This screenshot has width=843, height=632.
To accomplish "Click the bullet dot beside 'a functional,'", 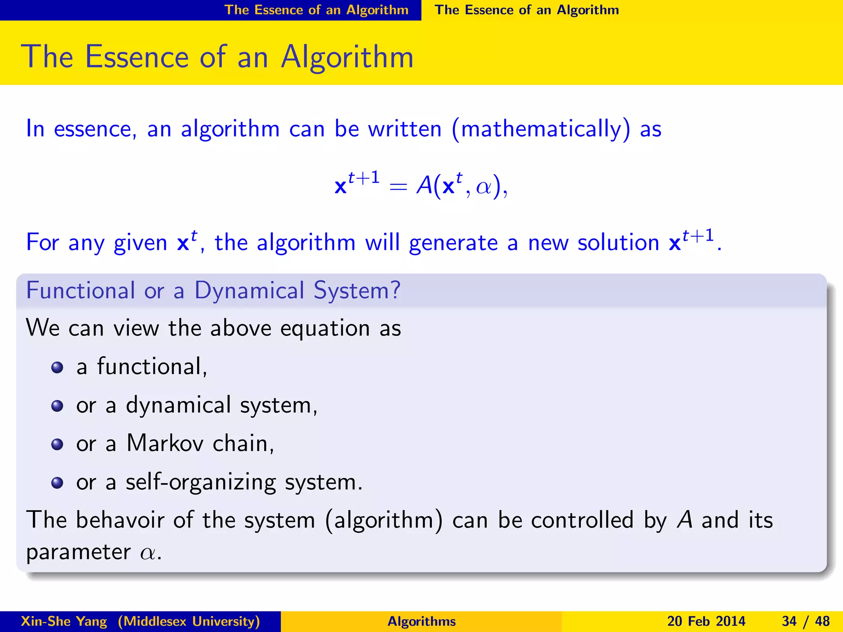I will [57, 367].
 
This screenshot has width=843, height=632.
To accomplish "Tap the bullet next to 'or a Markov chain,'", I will [57, 444].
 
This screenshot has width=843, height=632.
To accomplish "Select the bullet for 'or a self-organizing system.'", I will [57, 483].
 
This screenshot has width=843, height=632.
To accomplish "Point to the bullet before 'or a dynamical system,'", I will [57, 406].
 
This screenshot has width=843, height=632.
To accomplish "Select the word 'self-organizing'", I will [200, 483].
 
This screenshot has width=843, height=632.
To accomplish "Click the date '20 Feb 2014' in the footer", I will [706, 621].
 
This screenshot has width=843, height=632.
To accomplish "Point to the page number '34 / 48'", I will [806, 621].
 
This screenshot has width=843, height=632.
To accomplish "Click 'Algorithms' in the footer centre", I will [421, 621].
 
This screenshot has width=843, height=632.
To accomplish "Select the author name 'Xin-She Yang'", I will [64, 621].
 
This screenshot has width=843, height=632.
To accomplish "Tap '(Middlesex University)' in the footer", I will [189, 621].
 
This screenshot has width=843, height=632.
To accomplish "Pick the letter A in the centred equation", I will [424, 185].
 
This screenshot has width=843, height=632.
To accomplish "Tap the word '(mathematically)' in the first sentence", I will [540, 129].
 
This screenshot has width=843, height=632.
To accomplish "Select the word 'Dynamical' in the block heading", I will [249, 290].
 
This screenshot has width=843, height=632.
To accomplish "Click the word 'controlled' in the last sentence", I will [582, 520].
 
